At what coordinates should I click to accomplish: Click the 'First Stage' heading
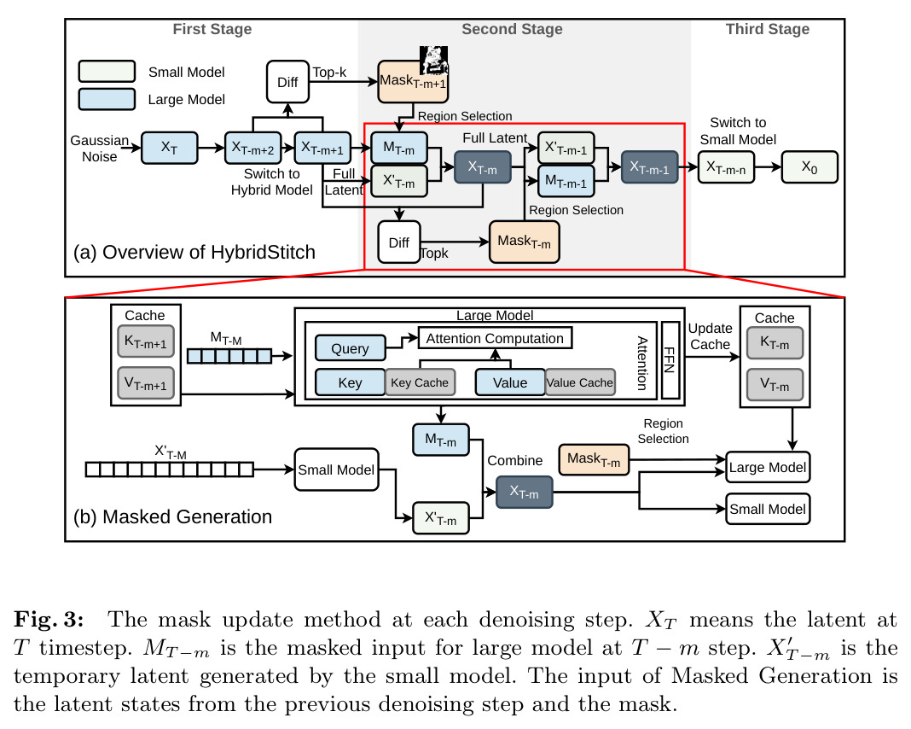(x=212, y=29)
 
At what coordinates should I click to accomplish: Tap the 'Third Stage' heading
(x=768, y=29)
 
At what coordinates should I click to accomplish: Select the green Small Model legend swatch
(x=107, y=71)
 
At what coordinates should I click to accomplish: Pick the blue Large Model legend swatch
(x=107, y=99)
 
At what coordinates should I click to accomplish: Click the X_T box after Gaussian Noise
(x=169, y=148)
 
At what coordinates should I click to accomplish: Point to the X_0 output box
(x=809, y=167)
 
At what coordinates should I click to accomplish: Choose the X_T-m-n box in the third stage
(x=726, y=167)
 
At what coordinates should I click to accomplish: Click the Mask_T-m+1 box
(x=413, y=81)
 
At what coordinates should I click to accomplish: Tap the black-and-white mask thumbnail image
(x=434, y=61)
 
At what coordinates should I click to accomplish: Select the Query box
(x=351, y=348)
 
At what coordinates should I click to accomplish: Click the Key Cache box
(x=420, y=382)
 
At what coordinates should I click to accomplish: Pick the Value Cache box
(x=580, y=382)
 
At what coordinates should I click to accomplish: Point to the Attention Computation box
(x=495, y=338)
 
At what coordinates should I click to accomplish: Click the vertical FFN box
(x=670, y=360)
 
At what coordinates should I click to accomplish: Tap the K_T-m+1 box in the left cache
(x=146, y=341)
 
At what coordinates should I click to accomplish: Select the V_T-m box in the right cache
(x=775, y=384)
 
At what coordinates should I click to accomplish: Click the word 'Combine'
(x=514, y=460)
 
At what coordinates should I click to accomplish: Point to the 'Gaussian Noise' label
(x=99, y=149)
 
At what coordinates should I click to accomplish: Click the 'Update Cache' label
(x=710, y=336)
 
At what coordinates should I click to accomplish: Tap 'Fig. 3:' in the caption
(x=49, y=620)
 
